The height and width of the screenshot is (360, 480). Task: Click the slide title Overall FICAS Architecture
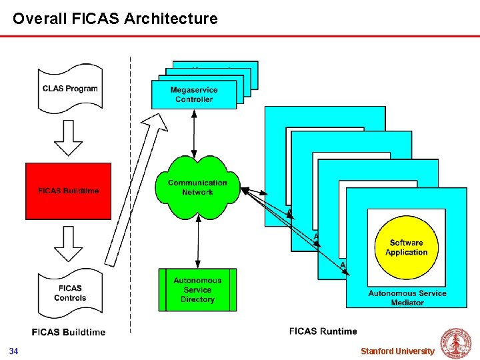(x=115, y=19)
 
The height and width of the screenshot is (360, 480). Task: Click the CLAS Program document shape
(x=70, y=88)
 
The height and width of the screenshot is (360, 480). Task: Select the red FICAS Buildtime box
(x=69, y=191)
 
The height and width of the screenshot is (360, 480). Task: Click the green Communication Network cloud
(x=197, y=187)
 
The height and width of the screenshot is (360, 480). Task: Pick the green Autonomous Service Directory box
(x=197, y=290)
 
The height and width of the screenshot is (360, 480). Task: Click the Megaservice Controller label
(x=194, y=95)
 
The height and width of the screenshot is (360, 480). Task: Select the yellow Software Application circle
(x=406, y=247)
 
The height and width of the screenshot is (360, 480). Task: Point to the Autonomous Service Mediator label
(x=407, y=298)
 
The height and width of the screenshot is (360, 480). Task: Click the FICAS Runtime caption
(x=323, y=331)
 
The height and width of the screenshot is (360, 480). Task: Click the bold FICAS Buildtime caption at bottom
(x=69, y=332)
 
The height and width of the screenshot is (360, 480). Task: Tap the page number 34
(x=13, y=351)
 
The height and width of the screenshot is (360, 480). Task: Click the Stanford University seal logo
(x=457, y=343)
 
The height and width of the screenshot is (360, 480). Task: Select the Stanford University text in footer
(x=397, y=351)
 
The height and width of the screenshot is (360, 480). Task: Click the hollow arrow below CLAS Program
(x=68, y=137)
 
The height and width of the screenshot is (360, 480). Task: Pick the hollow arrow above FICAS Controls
(x=68, y=243)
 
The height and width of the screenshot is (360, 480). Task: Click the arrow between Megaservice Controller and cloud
(x=194, y=133)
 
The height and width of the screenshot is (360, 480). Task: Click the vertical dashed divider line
(x=130, y=200)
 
